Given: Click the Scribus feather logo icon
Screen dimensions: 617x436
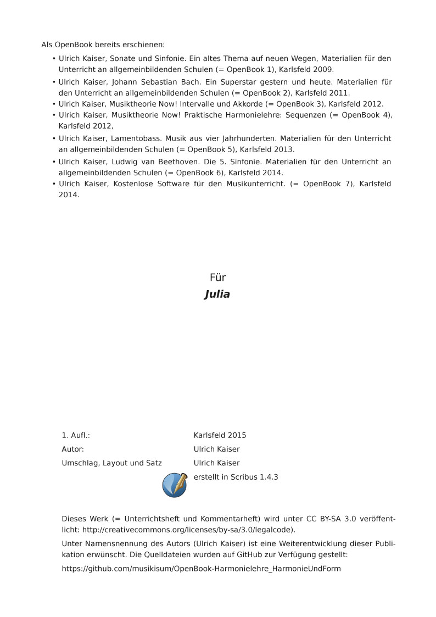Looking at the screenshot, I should [x=174, y=485].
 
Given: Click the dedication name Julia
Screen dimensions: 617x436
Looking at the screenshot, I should [x=217, y=294].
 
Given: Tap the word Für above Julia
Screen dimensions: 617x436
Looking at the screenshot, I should [x=217, y=278].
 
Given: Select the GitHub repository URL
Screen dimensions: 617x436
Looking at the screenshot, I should [x=201, y=569].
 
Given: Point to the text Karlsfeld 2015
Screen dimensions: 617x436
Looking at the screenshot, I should [x=220, y=435].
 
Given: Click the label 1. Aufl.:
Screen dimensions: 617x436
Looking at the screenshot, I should [x=76, y=435].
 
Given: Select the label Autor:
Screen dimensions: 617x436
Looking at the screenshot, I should [x=72, y=449].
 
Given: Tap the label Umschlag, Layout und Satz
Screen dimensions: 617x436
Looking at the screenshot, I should [x=111, y=463].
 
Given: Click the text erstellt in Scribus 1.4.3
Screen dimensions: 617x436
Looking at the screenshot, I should [x=236, y=477].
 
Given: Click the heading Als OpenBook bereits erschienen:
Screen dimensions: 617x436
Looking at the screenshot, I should [x=103, y=45].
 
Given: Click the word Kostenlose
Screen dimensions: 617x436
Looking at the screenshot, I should [x=132, y=184].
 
